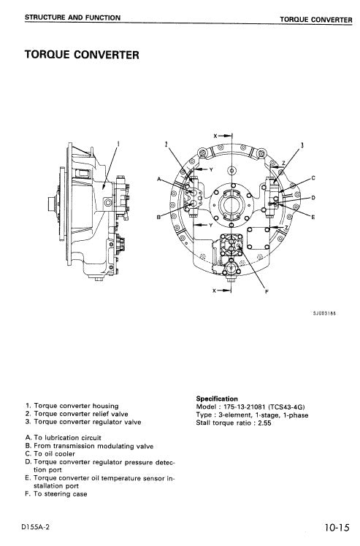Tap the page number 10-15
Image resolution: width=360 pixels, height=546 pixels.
click(334, 525)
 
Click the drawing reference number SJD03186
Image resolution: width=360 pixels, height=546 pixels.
click(323, 313)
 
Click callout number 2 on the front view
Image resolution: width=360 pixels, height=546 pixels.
click(166, 145)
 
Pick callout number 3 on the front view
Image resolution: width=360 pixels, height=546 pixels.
click(302, 145)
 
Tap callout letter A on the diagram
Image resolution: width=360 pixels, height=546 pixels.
click(159, 179)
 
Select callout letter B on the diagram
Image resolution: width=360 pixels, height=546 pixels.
click(159, 218)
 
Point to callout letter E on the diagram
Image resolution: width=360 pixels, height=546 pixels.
click(313, 218)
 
